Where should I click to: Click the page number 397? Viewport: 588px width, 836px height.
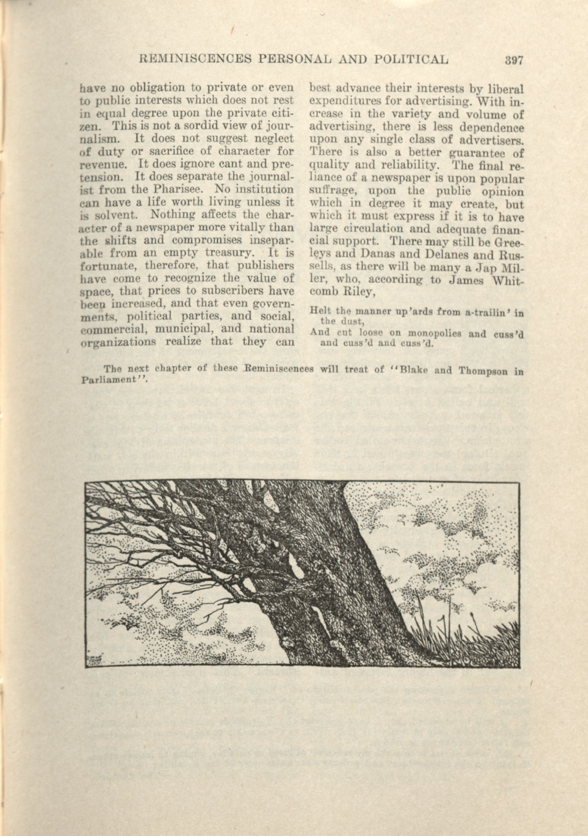(514, 60)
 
